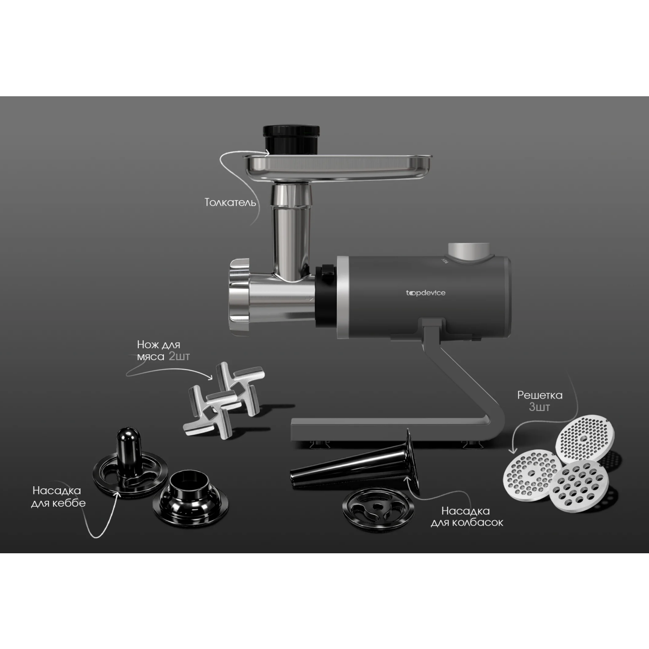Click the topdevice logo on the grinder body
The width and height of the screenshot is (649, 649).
point(426,293)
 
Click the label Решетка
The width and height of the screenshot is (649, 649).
point(539,395)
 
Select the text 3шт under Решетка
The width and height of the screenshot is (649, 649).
point(539,407)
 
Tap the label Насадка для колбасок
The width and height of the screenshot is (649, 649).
point(466,516)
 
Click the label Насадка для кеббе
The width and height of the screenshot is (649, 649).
point(57,496)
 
